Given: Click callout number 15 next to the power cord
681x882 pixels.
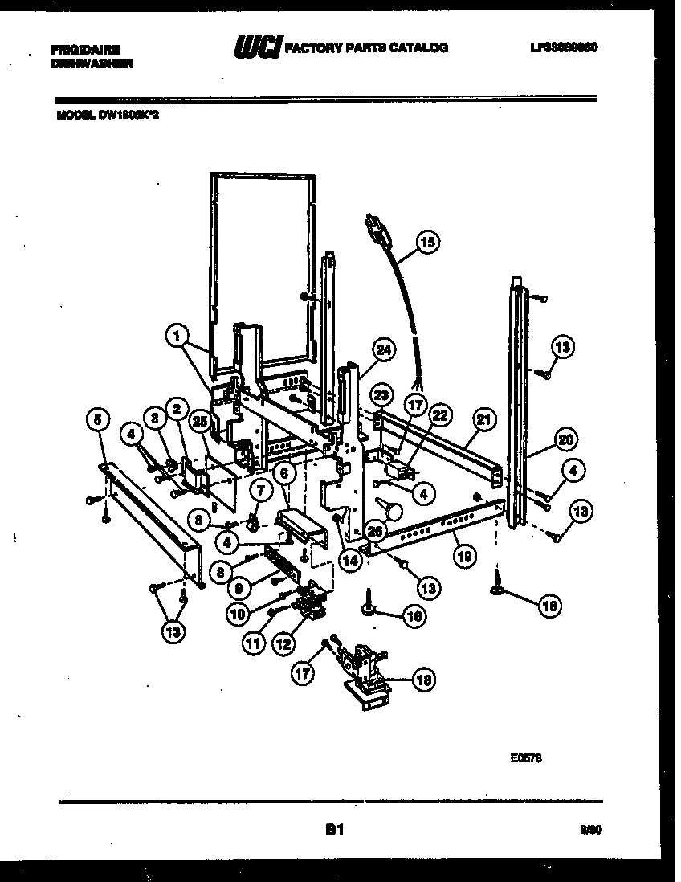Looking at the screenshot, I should (x=428, y=242).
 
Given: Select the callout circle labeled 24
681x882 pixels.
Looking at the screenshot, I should (x=384, y=350).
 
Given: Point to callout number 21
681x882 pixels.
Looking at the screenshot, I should (x=483, y=419).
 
